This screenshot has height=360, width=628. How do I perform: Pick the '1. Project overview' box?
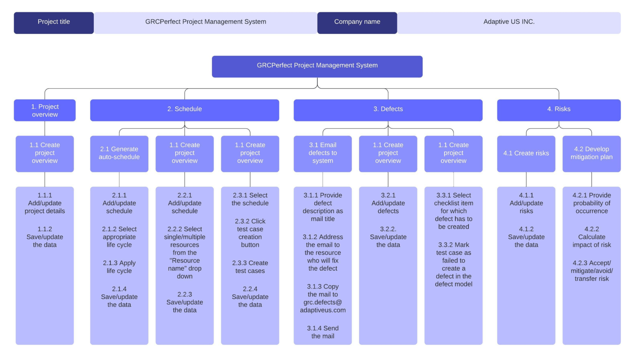pyautogui.click(x=45, y=110)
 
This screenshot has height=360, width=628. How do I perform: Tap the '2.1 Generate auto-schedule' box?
pyautogui.click(x=119, y=153)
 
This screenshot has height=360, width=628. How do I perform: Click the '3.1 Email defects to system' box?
pyautogui.click(x=323, y=153)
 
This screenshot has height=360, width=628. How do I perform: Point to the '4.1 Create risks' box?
pyautogui.click(x=526, y=153)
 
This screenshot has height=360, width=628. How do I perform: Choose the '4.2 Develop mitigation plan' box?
pyautogui.click(x=591, y=153)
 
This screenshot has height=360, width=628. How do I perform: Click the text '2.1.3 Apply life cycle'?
pyautogui.click(x=119, y=267)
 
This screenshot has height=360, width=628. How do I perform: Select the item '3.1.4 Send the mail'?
pyautogui.click(x=323, y=332)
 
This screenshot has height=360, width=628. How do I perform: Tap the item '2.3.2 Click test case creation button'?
pyautogui.click(x=250, y=233)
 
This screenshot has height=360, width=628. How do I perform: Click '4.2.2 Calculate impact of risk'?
pyautogui.click(x=591, y=237)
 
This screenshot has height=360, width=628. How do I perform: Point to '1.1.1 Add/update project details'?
pyautogui.click(x=45, y=203)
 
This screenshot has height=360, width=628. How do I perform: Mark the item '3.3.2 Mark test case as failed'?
pyautogui.click(x=453, y=264)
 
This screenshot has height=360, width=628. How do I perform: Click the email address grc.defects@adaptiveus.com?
pyautogui.click(x=323, y=306)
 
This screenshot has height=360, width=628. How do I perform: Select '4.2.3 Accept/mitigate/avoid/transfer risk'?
pyautogui.click(x=591, y=271)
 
